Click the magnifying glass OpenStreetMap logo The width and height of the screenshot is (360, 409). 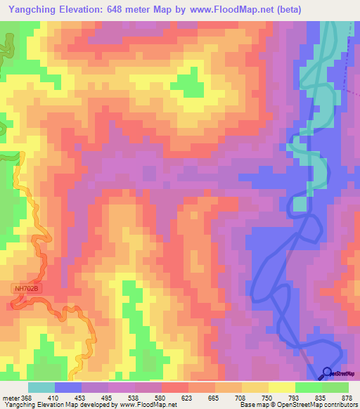[x=328, y=374]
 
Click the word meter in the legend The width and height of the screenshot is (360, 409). [x=9, y=398]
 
